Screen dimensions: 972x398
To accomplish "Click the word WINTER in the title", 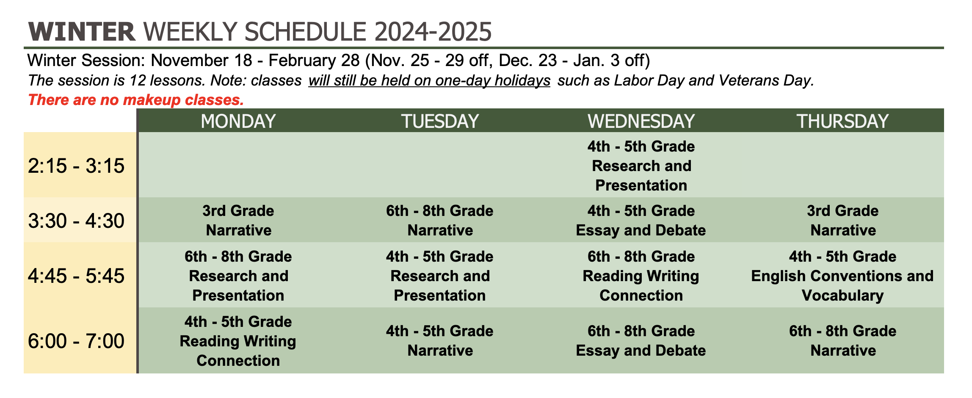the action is pyautogui.click(x=82, y=32).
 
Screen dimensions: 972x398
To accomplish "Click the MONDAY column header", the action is pyautogui.click(x=238, y=121).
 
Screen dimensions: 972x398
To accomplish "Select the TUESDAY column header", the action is pyautogui.click(x=440, y=121).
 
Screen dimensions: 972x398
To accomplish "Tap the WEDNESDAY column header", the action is pyautogui.click(x=641, y=121).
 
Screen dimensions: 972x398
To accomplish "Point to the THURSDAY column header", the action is pyautogui.click(x=842, y=121).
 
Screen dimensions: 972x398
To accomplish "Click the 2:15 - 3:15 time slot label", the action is pyautogui.click(x=76, y=166).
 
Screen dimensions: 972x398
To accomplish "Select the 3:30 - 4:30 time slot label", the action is pyautogui.click(x=76, y=221).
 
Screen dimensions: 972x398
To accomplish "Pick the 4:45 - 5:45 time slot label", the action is pyautogui.click(x=76, y=276).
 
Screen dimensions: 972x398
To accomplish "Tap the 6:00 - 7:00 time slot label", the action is pyautogui.click(x=76, y=341).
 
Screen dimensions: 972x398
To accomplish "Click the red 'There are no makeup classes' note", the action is pyautogui.click(x=136, y=100).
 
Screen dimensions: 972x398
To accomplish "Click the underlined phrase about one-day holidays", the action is pyautogui.click(x=429, y=80).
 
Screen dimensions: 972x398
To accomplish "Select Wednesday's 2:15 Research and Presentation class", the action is pyautogui.click(x=641, y=166).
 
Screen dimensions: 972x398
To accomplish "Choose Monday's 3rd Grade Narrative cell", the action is pyautogui.click(x=238, y=221).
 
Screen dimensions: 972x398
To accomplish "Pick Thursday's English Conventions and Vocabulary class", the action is pyautogui.click(x=842, y=276).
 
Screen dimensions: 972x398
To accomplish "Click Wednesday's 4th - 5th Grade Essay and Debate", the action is pyautogui.click(x=641, y=221).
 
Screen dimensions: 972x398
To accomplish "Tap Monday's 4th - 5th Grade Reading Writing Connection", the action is pyautogui.click(x=238, y=341).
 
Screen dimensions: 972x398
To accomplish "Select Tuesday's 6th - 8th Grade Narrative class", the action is pyautogui.click(x=440, y=221).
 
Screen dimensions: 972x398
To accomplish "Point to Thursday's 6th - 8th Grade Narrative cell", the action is pyautogui.click(x=842, y=341).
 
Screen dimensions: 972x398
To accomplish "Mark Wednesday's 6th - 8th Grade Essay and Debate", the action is pyautogui.click(x=641, y=341).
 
